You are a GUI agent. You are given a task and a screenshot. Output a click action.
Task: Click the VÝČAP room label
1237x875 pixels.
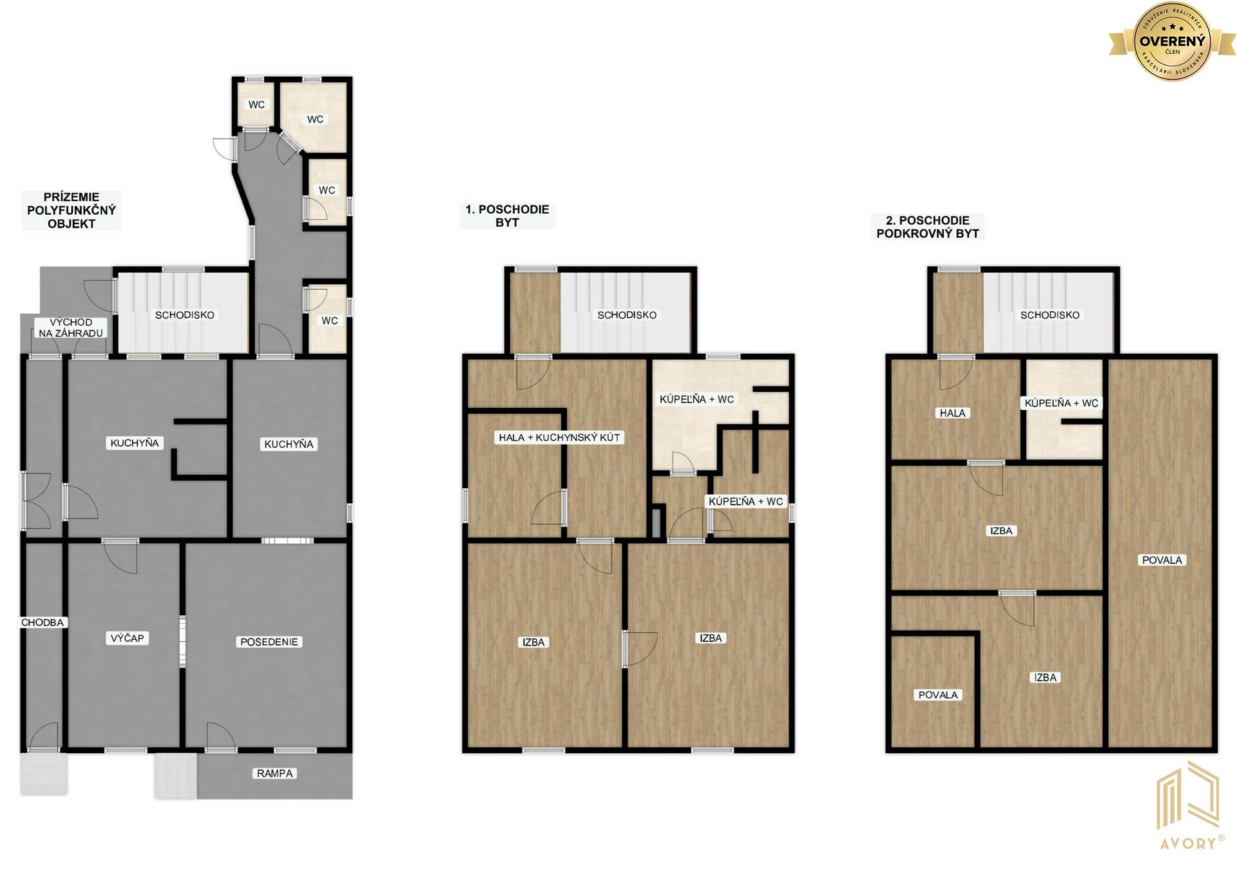[x=128, y=638]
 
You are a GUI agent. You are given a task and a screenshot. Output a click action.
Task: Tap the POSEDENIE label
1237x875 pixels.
[x=269, y=642]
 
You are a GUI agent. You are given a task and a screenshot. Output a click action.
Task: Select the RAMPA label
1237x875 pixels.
[x=275, y=773]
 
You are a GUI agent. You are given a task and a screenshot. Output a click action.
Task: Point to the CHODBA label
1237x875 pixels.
[x=43, y=622]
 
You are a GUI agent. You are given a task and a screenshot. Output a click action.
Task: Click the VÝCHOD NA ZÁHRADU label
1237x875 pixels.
[x=71, y=327]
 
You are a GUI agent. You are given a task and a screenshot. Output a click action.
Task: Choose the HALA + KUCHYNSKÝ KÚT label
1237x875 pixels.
[x=559, y=438]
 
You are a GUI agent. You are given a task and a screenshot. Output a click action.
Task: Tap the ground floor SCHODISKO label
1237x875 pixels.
[x=185, y=315]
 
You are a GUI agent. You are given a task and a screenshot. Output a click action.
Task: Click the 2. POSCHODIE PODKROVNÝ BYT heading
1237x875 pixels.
[x=928, y=227]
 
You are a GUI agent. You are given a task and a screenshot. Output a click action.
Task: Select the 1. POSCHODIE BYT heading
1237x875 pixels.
[x=508, y=216]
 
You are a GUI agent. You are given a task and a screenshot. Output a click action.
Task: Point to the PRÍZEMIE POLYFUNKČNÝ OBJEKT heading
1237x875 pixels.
[x=72, y=210]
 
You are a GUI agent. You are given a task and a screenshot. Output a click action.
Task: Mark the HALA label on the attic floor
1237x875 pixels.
[x=953, y=413]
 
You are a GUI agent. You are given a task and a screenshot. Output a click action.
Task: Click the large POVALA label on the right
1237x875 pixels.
[x=1162, y=560]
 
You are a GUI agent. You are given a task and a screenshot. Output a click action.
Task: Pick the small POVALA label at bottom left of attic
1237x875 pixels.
[x=938, y=695]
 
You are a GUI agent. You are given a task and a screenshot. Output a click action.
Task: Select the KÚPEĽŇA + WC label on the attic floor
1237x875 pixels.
[x=1062, y=403]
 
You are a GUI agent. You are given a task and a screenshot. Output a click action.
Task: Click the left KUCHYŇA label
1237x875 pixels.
[x=135, y=443]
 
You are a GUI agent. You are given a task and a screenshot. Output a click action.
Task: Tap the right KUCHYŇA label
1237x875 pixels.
[x=289, y=444]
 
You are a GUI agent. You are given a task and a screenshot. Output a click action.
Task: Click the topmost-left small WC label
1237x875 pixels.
[x=256, y=104]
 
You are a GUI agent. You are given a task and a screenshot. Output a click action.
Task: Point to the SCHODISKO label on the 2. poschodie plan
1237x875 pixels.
[x=1050, y=315]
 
